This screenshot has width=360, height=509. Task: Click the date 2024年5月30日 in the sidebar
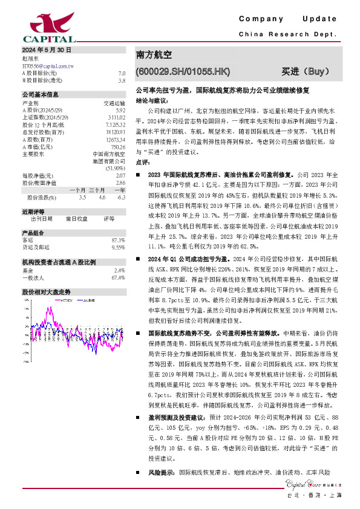point(47,50)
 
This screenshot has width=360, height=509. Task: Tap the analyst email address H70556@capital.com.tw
point(48,65)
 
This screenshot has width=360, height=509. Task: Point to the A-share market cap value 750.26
point(117,146)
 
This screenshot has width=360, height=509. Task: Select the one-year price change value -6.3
point(121,197)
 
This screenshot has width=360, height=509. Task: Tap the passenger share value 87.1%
point(119,240)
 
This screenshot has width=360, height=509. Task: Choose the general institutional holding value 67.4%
point(118,277)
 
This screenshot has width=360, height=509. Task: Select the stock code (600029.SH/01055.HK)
point(183,71)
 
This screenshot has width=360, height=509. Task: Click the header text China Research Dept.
point(287,36)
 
